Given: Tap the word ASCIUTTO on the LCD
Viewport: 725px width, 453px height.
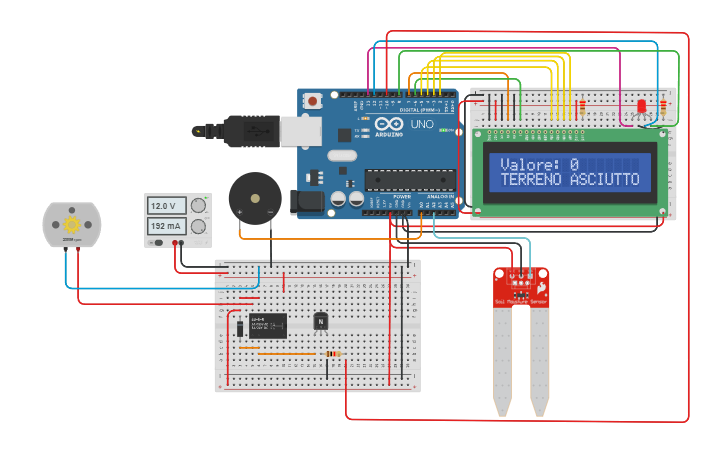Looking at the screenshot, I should [x=604, y=180].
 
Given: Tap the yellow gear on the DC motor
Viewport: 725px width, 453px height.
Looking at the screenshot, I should [x=72, y=223].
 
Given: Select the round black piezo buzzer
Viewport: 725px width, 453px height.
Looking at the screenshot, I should [x=249, y=198].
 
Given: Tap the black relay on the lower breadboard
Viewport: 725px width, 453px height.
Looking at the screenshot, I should [x=267, y=325].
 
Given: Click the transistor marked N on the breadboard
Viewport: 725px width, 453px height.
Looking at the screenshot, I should [x=321, y=321].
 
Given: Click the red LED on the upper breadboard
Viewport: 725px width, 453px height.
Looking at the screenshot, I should [x=642, y=107].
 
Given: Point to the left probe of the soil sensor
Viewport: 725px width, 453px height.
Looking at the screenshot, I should [x=501, y=360].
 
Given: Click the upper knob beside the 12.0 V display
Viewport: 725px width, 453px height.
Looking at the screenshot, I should [x=199, y=206].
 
